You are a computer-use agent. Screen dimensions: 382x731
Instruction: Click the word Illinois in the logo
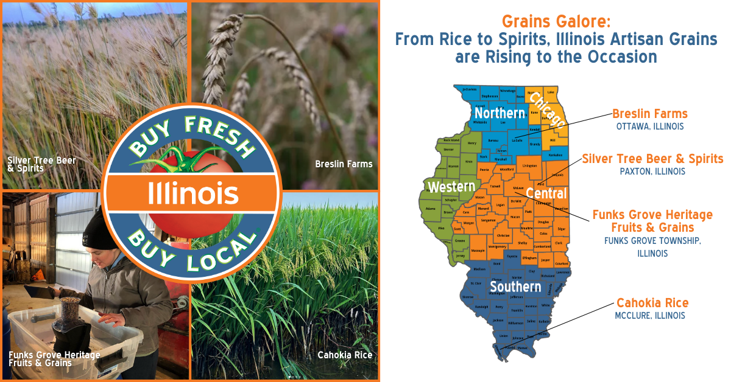click(x=192, y=193)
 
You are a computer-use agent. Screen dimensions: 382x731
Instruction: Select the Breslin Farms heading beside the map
click(x=649, y=114)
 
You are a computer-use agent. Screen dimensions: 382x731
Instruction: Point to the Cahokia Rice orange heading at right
click(x=652, y=303)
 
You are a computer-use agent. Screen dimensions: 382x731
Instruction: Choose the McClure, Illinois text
click(x=650, y=316)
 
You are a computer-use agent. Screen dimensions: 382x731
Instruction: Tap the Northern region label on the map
click(x=500, y=113)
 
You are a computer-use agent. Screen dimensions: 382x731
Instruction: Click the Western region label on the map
click(x=451, y=187)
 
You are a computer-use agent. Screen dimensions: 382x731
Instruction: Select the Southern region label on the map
click(x=515, y=286)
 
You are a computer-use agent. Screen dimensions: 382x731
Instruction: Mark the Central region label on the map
click(x=546, y=193)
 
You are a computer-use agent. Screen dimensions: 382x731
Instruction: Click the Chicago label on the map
click(x=546, y=109)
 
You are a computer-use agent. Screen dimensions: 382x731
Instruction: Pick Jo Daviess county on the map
click(x=469, y=89)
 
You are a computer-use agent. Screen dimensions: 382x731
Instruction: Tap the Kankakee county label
click(x=556, y=155)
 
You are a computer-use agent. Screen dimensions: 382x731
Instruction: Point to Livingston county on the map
click(x=530, y=165)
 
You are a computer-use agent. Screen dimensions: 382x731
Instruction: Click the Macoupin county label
click(x=478, y=251)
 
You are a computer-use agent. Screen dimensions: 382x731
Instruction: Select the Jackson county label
click(x=498, y=320)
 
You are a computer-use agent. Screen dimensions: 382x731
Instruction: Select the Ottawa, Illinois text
click(x=649, y=127)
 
